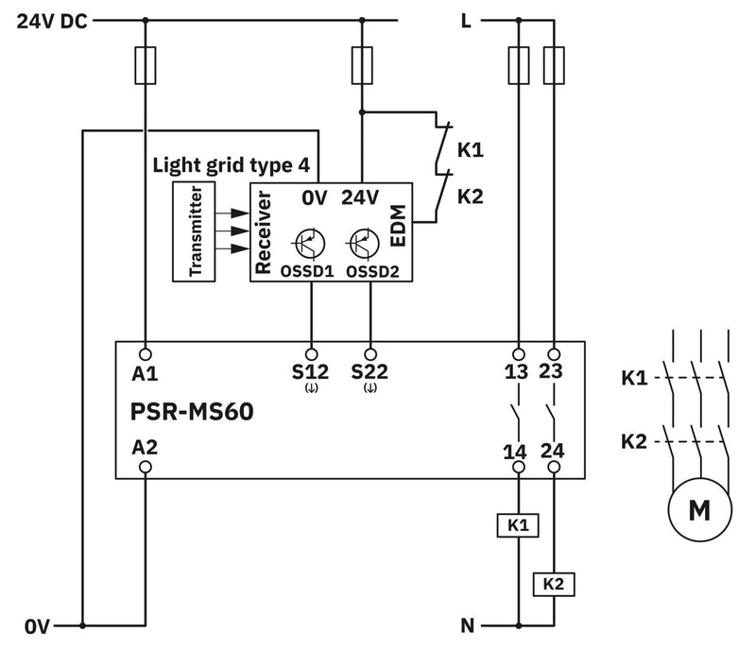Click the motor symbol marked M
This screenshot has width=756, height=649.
699,509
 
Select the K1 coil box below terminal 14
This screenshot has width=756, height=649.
518,525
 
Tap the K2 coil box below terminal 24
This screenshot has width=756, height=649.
554,584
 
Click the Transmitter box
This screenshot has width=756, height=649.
194,231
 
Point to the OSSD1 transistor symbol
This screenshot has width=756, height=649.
310,244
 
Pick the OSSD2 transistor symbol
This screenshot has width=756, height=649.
365,244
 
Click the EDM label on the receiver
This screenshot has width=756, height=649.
398,226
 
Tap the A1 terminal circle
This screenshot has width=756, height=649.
146,354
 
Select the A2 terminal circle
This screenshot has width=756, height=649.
146,467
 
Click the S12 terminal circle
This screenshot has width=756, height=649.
312,354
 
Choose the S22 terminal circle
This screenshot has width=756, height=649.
370,354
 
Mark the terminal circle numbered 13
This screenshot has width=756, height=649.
518,354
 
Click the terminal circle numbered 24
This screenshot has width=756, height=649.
554,467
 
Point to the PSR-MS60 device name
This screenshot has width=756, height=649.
192,412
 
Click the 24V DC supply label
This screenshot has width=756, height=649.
52,21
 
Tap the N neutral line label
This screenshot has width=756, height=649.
467,625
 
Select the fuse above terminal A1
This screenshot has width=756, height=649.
146,65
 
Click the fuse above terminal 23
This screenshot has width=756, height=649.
554,65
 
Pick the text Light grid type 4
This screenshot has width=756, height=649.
231,165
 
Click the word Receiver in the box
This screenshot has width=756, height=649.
264,232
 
